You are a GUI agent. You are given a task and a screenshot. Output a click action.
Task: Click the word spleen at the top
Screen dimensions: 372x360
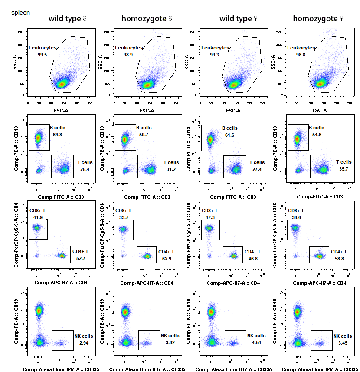point(21,13)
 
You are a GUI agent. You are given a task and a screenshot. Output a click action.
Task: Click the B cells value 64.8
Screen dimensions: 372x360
point(58,135)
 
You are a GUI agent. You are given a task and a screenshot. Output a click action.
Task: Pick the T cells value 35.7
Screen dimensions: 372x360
point(344,169)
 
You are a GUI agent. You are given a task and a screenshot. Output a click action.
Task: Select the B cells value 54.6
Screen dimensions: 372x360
point(317,135)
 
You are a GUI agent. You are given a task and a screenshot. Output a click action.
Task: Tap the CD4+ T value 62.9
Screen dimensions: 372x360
point(167,259)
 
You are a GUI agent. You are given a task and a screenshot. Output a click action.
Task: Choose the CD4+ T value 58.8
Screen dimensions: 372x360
point(339,259)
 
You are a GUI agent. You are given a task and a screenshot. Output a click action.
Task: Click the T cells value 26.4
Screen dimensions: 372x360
point(85,169)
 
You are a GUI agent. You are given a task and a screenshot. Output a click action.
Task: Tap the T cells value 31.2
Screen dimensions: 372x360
point(171,169)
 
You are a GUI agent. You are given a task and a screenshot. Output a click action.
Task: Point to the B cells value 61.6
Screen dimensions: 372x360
point(230,135)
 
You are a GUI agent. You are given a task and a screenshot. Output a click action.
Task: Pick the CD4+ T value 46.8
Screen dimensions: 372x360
point(253,259)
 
